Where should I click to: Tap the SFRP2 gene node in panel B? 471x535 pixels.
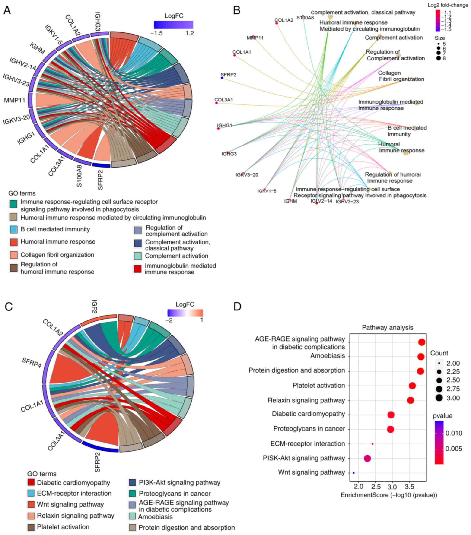[x=222, y=78]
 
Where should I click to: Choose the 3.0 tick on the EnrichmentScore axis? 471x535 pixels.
[x=392, y=487]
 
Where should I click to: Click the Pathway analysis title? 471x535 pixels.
[x=388, y=327]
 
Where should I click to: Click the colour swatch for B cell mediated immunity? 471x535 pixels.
[x=13, y=229]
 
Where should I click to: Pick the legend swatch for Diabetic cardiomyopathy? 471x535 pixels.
[x=31, y=482]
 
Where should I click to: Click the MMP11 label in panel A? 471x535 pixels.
[x=15, y=100]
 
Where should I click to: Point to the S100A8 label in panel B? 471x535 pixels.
[x=305, y=18]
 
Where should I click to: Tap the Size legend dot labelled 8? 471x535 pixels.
[x=438, y=58]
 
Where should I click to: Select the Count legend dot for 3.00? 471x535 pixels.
[x=439, y=398]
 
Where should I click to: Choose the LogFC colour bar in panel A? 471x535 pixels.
[x=174, y=25]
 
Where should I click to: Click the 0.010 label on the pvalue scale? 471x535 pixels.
[x=454, y=433]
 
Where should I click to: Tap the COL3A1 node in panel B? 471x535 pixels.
[x=216, y=103]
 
